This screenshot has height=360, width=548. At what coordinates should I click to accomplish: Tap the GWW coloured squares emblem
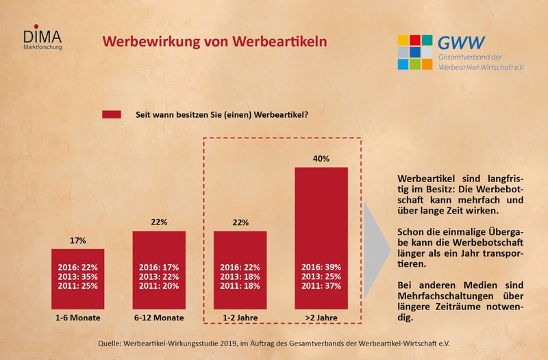pyautogui.click(x=415, y=52)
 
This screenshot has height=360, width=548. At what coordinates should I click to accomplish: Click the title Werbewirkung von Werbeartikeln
pyautogui.click(x=214, y=41)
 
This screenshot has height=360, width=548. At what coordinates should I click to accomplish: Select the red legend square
pyautogui.click(x=112, y=114)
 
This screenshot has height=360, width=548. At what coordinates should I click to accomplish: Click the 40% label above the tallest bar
pyautogui.click(x=321, y=158)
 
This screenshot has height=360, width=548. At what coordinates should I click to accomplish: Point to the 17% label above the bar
pyautogui.click(x=77, y=240)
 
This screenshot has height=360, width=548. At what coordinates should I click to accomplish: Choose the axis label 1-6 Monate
pyautogui.click(x=77, y=318)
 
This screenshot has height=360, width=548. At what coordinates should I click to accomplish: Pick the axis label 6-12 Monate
pyautogui.click(x=158, y=318)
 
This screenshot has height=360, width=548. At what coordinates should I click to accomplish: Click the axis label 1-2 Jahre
pyautogui.click(x=240, y=318)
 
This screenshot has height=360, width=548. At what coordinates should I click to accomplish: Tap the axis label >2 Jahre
pyautogui.click(x=321, y=318)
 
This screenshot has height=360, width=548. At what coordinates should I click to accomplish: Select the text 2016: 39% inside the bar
pyautogui.click(x=321, y=267)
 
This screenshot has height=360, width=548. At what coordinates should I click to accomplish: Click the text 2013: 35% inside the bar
pyautogui.click(x=77, y=276)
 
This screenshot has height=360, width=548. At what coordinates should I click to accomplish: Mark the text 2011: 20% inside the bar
pyautogui.click(x=158, y=285)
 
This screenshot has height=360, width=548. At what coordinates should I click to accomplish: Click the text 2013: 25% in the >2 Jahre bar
pyautogui.click(x=321, y=276)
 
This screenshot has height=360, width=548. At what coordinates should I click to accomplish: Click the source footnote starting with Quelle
pyautogui.click(x=274, y=342)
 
